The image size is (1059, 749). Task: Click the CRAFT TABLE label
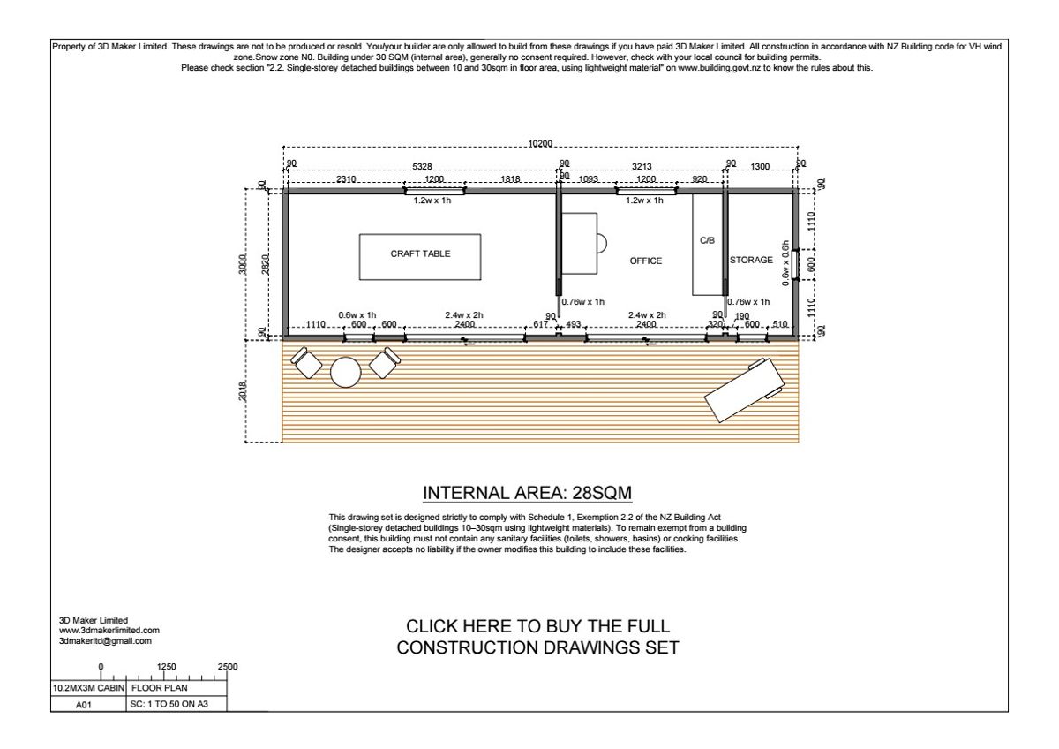click(x=420, y=254)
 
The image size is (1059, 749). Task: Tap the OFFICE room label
click(x=646, y=261)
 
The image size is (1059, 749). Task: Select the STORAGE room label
click(x=751, y=261)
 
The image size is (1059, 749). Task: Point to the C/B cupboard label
click(x=707, y=241)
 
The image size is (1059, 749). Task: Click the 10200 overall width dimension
click(x=540, y=144)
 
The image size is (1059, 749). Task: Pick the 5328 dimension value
click(x=422, y=167)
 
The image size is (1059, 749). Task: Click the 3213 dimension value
click(x=642, y=167)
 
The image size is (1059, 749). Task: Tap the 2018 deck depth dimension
click(x=243, y=391)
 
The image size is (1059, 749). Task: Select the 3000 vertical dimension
click(x=242, y=264)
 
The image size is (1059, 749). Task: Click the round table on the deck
click(x=346, y=373)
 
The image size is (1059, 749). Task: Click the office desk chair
click(x=602, y=244)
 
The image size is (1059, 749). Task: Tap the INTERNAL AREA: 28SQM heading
click(x=527, y=493)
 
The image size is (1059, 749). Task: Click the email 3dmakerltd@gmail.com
click(x=105, y=641)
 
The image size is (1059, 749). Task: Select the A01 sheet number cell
click(x=84, y=705)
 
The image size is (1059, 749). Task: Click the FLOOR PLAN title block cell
click(x=160, y=688)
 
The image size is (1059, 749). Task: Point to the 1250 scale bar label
click(x=167, y=667)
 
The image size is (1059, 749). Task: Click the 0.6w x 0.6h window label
click(x=785, y=263)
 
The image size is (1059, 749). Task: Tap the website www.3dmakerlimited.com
click(x=109, y=631)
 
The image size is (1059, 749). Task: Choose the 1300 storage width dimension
click(x=760, y=167)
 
